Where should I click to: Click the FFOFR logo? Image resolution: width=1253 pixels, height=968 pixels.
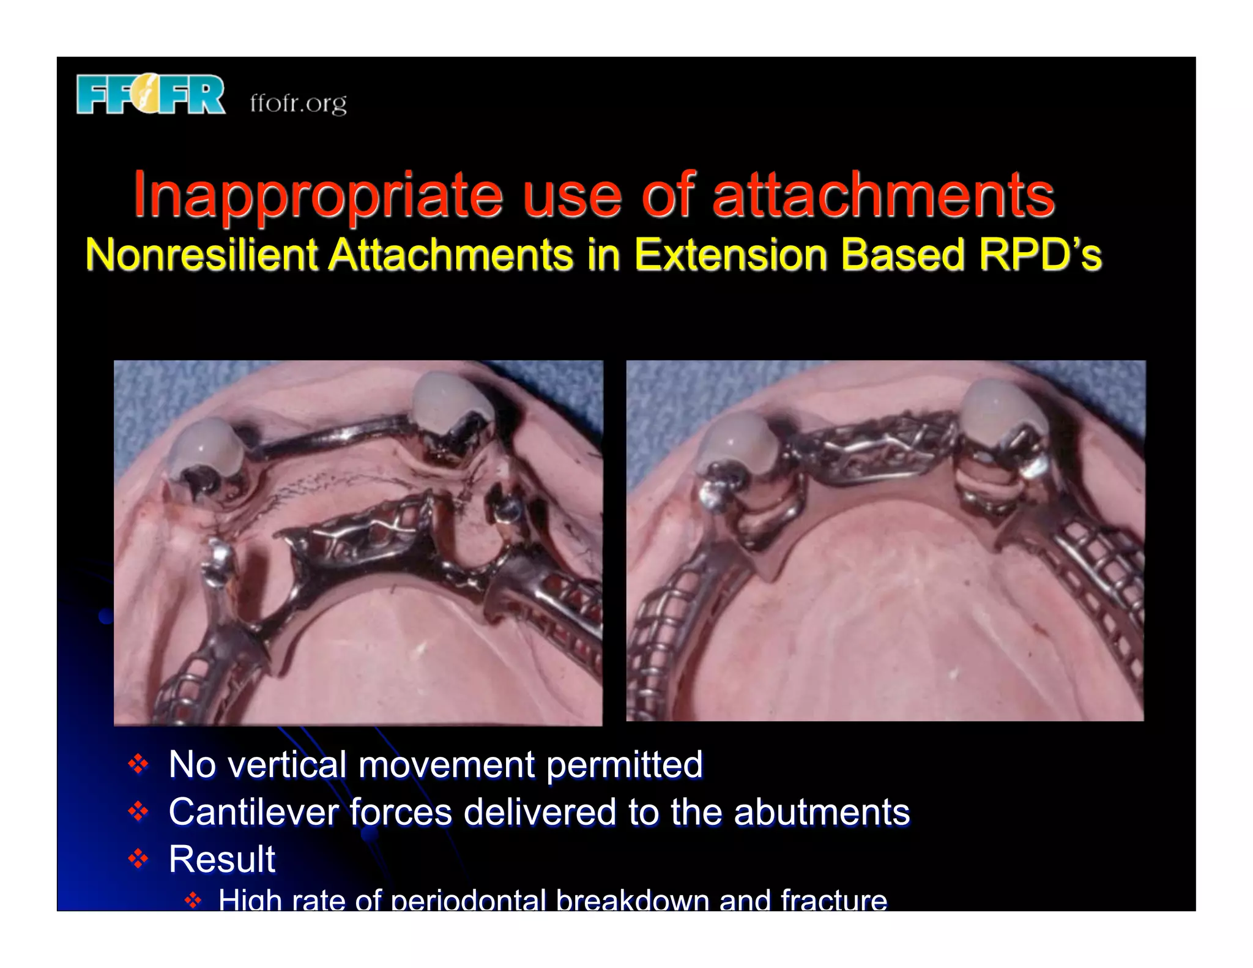point(151,95)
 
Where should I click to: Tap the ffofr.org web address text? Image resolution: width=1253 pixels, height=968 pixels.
point(298,103)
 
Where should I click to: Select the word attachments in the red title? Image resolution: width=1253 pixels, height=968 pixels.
point(883,195)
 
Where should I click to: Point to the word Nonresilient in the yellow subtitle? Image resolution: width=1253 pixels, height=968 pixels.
point(201,255)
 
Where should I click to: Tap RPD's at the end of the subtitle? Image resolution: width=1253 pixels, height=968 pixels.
point(1039,255)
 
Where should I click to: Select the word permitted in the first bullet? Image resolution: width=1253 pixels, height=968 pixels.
point(624,764)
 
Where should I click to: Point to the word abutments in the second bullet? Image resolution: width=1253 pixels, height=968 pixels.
point(822,812)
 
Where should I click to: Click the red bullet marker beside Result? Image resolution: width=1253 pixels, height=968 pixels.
point(138,858)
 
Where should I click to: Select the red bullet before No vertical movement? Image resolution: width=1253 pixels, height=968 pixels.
point(138,764)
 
